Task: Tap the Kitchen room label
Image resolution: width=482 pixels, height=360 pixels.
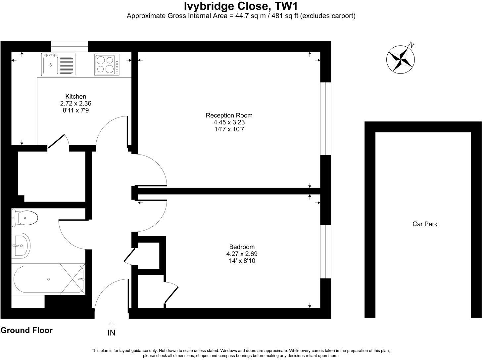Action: [76, 97]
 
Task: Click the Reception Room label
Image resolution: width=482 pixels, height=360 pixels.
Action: [229, 115]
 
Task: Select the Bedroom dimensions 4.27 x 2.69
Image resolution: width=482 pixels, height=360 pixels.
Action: [242, 254]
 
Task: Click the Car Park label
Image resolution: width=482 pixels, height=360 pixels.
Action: [425, 224]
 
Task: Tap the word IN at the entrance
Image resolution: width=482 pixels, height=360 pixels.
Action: [112, 333]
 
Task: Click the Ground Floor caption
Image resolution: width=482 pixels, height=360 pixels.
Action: [26, 330]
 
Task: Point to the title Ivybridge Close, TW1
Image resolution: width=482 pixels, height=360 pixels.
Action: [241, 6]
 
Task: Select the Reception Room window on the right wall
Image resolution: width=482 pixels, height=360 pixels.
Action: [326, 118]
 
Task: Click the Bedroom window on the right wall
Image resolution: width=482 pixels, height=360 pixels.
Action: [326, 251]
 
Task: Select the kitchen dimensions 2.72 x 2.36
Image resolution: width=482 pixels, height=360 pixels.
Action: [76, 103]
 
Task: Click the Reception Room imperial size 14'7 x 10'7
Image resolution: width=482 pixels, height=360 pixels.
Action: [229, 129]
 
